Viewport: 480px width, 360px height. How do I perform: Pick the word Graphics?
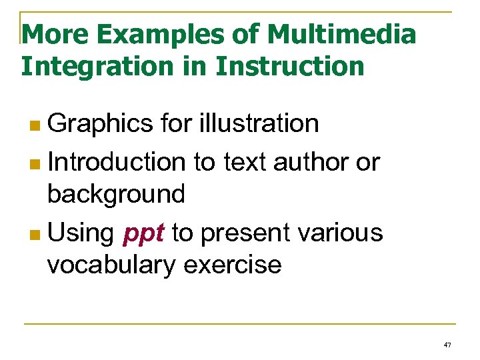coord(100,123)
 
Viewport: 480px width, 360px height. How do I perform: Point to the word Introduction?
coord(116,161)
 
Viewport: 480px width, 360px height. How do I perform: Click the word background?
coord(115,194)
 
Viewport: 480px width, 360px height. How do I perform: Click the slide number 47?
coord(447,345)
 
